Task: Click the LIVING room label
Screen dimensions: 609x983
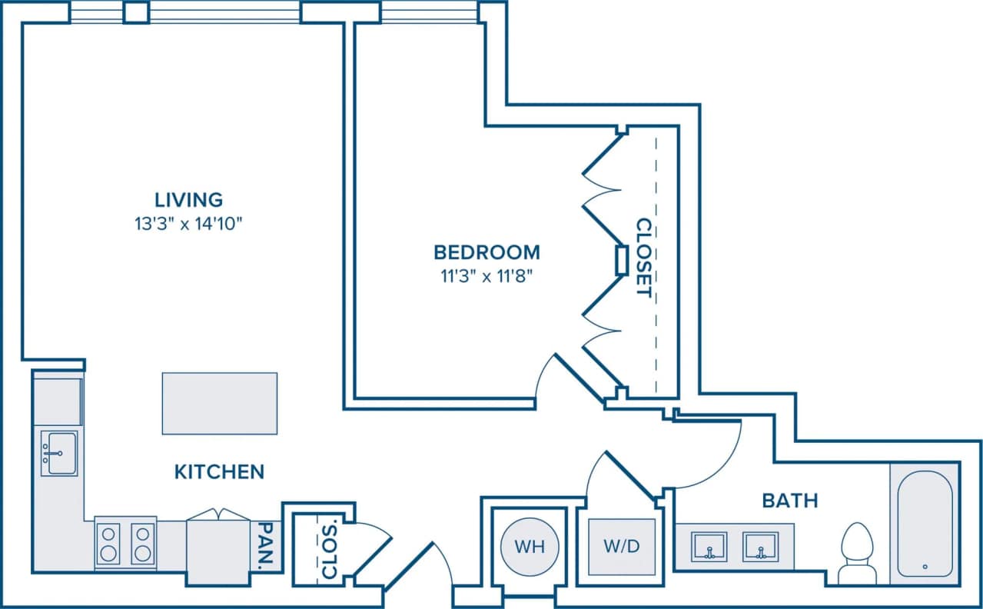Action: [x=189, y=200]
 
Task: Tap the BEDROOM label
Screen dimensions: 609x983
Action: [x=487, y=251]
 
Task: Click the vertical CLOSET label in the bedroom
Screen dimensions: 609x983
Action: [x=643, y=258]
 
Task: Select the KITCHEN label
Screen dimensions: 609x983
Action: [x=219, y=471]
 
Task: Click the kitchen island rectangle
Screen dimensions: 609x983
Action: [x=219, y=403]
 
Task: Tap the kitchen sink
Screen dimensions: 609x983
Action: [x=58, y=453]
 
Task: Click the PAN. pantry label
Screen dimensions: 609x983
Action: [x=265, y=547]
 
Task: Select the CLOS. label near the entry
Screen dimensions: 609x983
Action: [x=328, y=551]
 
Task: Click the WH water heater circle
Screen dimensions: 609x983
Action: [x=530, y=547]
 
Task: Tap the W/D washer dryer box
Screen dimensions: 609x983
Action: [x=621, y=547]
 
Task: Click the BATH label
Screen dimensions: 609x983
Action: [x=789, y=501]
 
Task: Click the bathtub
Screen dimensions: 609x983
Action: [x=925, y=522]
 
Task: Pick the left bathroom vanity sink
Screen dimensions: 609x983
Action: [x=708, y=547]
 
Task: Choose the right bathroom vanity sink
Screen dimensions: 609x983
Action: [x=761, y=547]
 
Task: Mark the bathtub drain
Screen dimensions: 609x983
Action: [x=924, y=567]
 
